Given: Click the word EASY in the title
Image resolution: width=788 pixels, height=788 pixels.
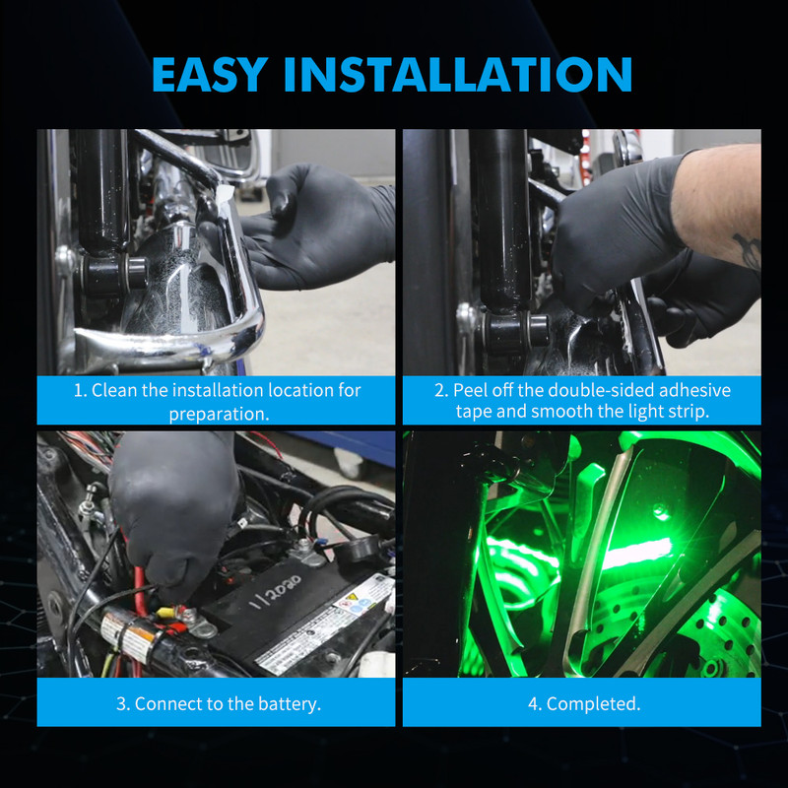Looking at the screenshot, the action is (210, 75).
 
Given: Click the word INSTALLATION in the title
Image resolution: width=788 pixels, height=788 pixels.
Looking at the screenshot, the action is (458, 75).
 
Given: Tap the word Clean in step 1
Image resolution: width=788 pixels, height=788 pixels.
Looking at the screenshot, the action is (114, 390).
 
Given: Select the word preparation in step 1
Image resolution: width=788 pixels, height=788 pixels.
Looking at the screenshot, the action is (219, 414).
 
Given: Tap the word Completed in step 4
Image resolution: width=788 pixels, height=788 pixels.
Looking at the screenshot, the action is (593, 704).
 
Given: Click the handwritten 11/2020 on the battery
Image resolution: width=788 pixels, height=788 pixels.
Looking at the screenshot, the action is (277, 592).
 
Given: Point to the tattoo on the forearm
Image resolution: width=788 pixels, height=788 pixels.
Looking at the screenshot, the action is (748, 250).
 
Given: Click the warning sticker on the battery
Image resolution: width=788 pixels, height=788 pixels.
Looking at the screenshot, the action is (365, 596).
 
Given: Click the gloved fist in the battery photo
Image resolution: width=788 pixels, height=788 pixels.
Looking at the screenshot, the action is (173, 512).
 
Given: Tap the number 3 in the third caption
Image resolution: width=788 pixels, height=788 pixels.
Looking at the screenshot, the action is (121, 704).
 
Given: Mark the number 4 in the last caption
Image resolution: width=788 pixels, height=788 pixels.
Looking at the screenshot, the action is (533, 704).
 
